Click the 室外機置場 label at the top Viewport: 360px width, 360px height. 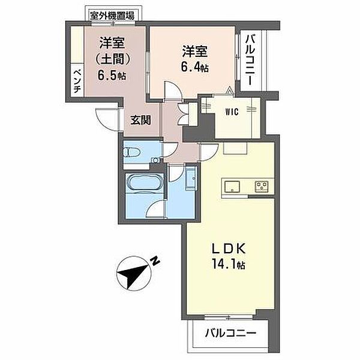pos(112,16)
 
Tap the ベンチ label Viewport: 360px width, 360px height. pos(77,81)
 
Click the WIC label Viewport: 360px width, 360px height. pos(232,112)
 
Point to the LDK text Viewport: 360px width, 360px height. pos(229,248)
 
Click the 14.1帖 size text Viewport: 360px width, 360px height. pos(228,265)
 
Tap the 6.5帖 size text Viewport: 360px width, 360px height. pos(112,75)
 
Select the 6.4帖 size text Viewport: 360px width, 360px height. pos(195,67)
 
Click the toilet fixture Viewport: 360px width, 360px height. pos(131,152)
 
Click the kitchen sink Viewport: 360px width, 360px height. pos(232,186)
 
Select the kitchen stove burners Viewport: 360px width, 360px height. pos(262,186)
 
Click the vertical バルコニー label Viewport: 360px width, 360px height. pos(250,60)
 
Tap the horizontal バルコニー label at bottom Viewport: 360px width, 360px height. pos(230,332)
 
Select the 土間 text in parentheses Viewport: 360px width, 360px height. pos(113,59)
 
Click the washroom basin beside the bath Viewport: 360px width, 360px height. pos(191,178)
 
